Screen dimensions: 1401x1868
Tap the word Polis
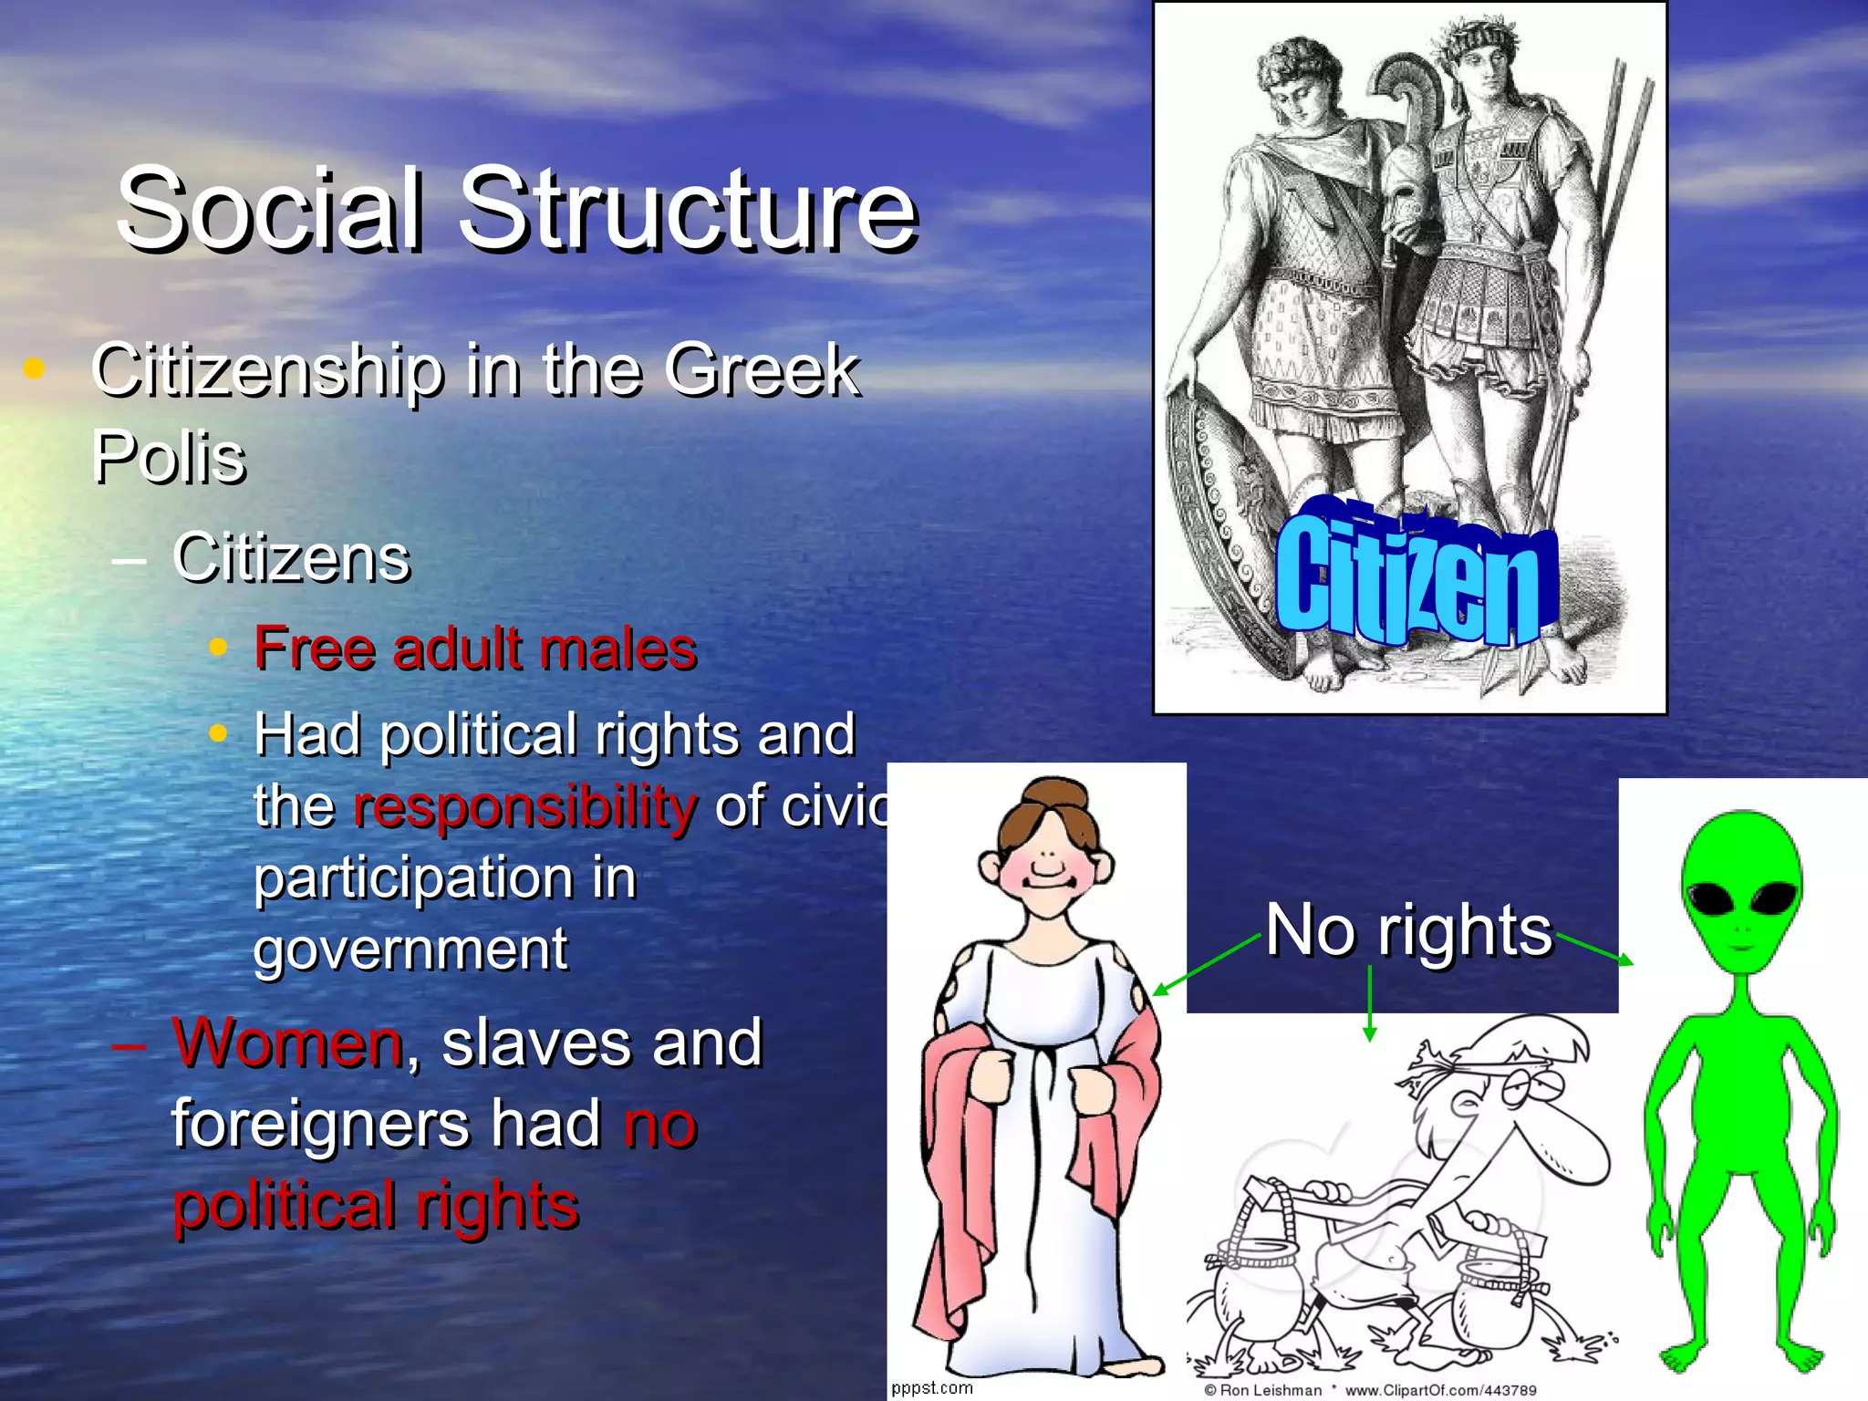169,456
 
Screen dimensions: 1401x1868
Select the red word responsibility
525,806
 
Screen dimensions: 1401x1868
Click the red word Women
288,1043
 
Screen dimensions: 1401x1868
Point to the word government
410,949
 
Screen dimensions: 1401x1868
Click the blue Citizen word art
1409,579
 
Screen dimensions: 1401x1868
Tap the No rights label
1408,930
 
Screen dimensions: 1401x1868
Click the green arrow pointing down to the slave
1369,1003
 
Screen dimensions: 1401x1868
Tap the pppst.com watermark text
932,1387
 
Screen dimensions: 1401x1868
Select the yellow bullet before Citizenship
34,368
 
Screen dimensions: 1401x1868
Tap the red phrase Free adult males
475,649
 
